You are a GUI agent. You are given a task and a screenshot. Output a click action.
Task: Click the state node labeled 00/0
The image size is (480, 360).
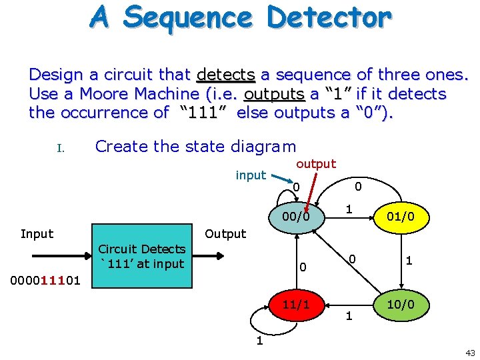click(x=295, y=215)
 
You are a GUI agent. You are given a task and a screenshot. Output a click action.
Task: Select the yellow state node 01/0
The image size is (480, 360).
click(x=400, y=215)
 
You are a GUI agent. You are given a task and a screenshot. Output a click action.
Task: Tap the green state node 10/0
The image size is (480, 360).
click(x=400, y=304)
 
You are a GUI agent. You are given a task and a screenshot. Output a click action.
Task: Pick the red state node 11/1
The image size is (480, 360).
click(x=295, y=304)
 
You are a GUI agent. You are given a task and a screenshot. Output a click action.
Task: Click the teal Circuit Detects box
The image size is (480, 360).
click(x=142, y=257)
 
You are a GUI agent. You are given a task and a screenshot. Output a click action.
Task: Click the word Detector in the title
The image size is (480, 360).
click(x=329, y=17)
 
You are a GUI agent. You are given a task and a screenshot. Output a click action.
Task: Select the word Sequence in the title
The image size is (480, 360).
click(x=190, y=17)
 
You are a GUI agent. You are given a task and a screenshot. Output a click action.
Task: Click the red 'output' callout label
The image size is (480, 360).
click(x=316, y=163)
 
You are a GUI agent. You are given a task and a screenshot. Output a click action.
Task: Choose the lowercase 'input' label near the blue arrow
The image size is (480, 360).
click(x=251, y=175)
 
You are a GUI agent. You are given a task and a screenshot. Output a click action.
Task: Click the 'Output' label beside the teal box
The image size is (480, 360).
click(x=225, y=234)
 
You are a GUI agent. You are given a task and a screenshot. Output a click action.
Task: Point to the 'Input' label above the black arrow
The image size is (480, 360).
click(x=37, y=233)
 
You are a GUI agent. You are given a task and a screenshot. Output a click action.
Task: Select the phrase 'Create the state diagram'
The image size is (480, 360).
click(x=195, y=146)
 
